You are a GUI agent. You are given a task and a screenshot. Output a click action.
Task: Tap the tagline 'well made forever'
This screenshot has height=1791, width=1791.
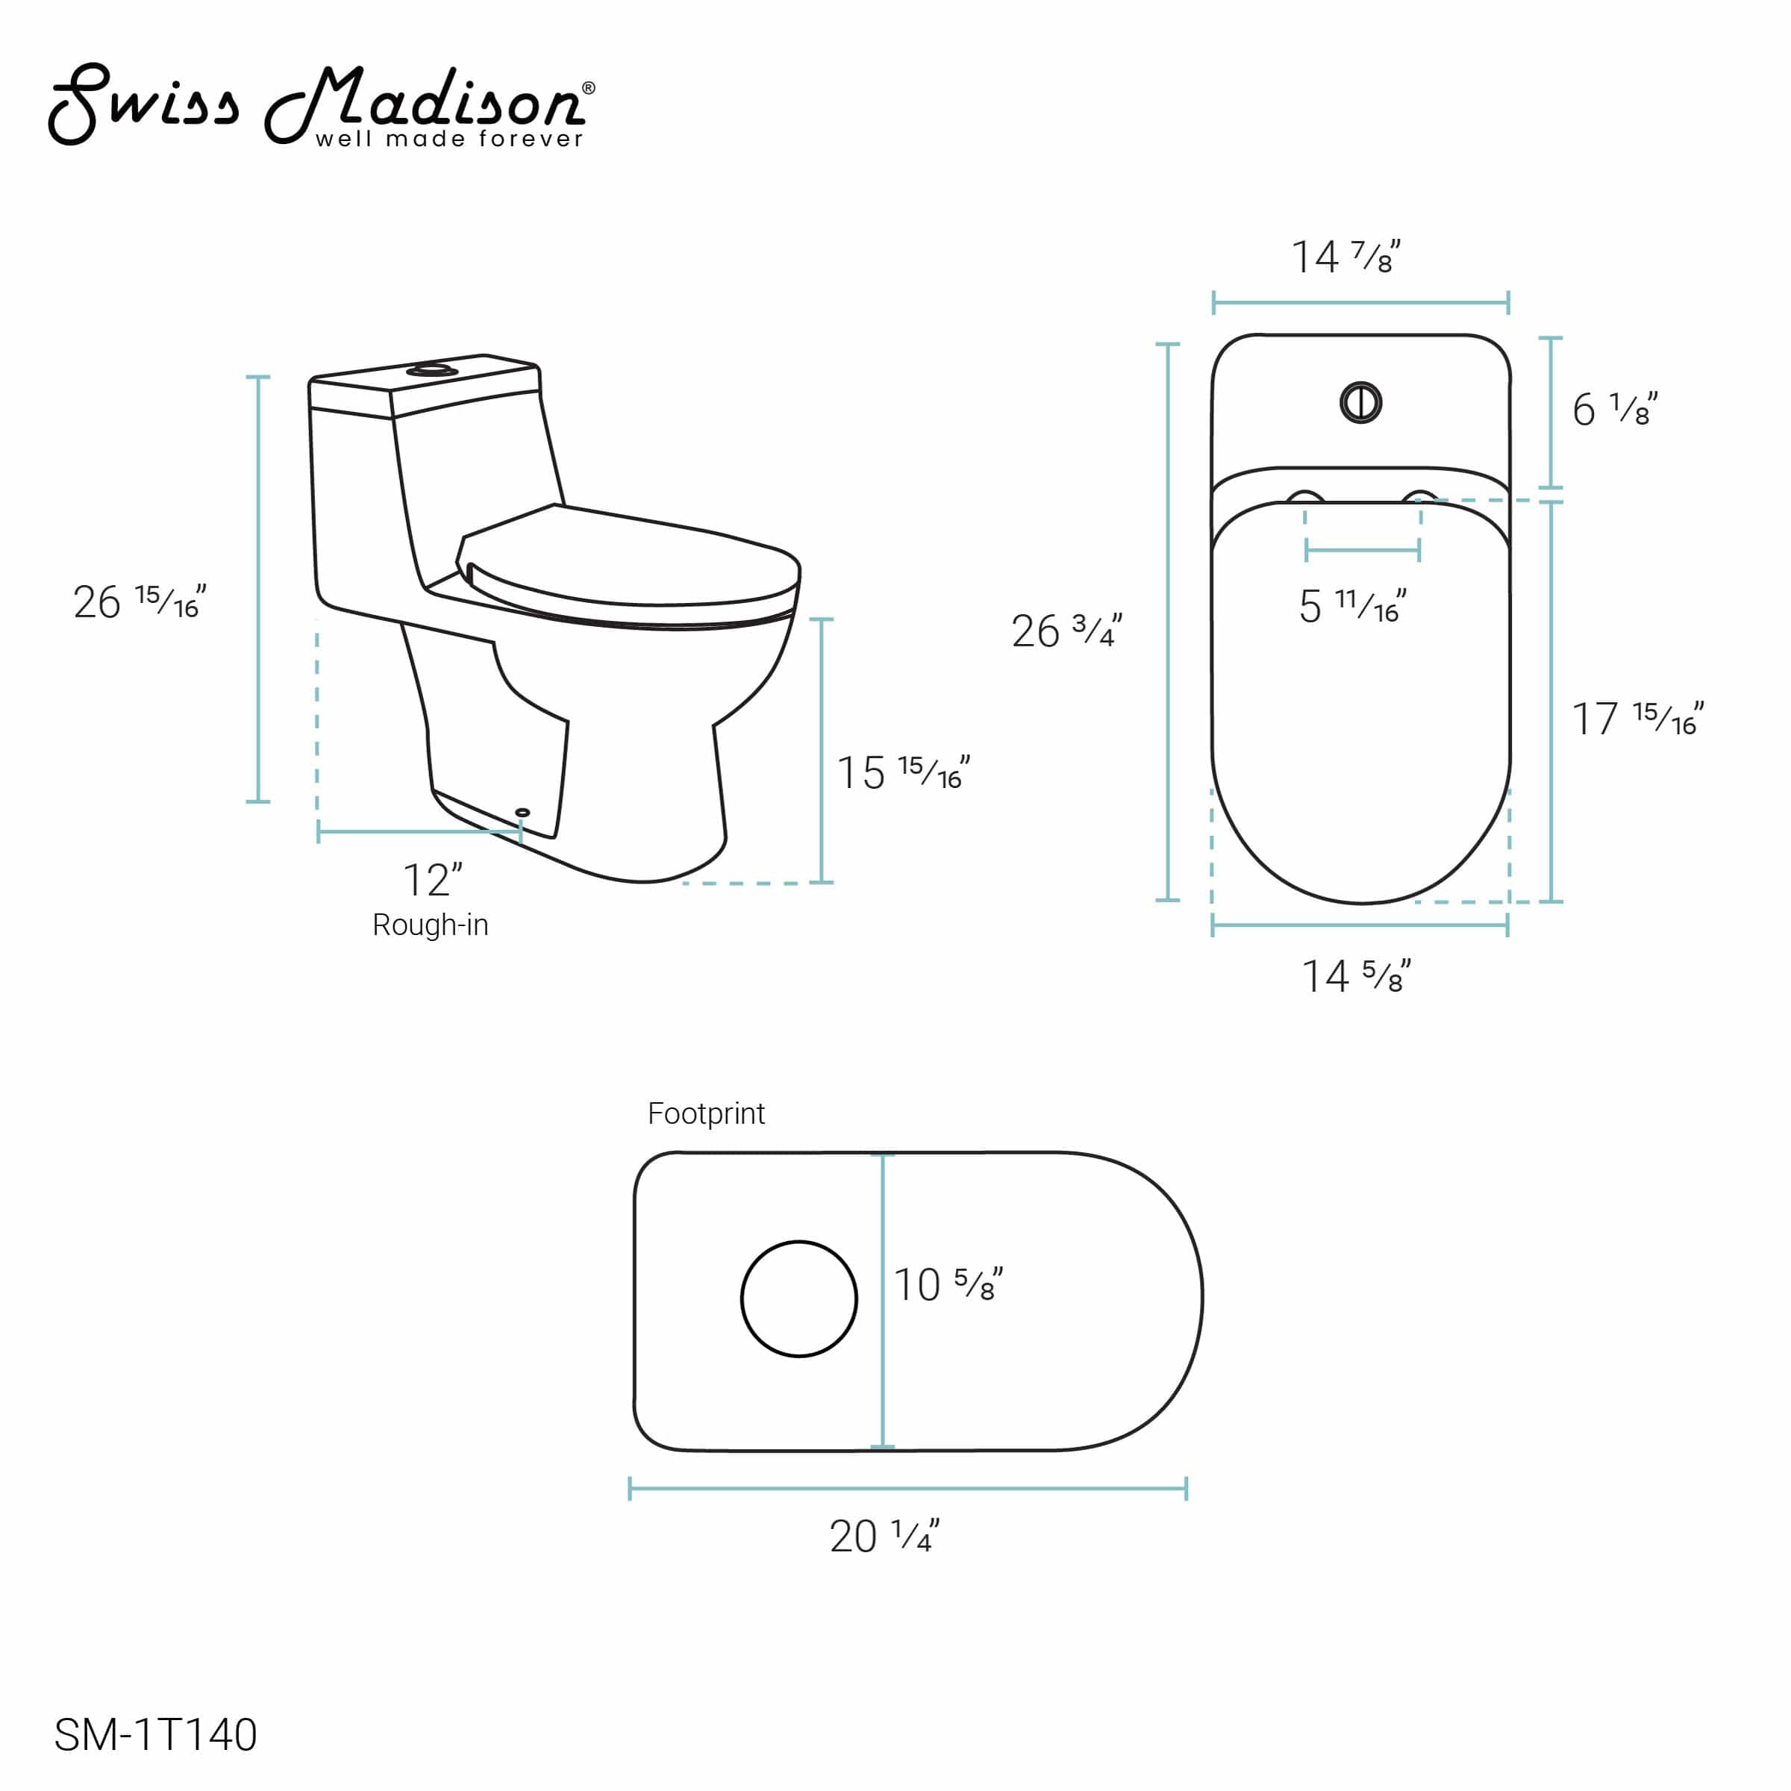(449, 139)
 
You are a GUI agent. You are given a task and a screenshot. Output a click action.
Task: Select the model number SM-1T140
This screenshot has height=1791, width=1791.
(156, 1734)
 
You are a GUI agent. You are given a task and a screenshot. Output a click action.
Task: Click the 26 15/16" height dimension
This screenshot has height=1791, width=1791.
(139, 602)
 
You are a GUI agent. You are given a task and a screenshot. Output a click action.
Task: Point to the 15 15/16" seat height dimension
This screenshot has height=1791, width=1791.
(902, 772)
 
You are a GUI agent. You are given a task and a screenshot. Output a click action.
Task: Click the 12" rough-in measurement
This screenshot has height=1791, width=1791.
(432, 880)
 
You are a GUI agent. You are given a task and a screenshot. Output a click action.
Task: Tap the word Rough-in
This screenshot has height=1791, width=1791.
(430, 925)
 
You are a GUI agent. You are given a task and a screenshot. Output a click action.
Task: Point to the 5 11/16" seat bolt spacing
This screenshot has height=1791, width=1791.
(1351, 606)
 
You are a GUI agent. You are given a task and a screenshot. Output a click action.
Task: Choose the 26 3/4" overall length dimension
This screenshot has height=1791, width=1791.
(1066, 631)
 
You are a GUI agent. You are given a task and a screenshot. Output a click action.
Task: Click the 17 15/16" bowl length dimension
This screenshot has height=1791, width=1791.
(1637, 719)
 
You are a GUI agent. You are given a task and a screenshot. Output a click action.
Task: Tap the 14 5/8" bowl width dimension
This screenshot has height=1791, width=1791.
(1355, 976)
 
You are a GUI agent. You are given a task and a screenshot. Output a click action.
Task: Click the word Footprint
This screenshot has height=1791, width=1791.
(707, 1113)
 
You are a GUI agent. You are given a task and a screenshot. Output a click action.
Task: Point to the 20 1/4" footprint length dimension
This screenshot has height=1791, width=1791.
(884, 1536)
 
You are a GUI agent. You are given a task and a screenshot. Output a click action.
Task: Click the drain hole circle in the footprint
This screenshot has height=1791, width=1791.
(799, 1298)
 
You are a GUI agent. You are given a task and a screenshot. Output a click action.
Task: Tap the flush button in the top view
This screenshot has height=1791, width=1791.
(1361, 402)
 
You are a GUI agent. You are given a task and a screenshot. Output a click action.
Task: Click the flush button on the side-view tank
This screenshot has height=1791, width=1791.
(432, 371)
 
